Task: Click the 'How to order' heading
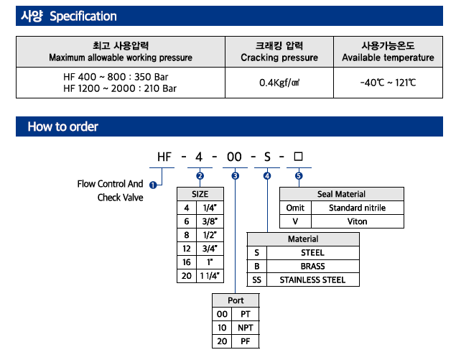click(x=63, y=127)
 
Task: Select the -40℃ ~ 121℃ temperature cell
click(x=388, y=83)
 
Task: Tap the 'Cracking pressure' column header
click(x=279, y=51)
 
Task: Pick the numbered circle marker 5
click(x=299, y=176)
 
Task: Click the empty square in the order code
click(x=299, y=156)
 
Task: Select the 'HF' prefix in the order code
click(x=164, y=156)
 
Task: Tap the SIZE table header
click(x=200, y=194)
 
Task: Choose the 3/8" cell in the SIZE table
click(x=210, y=221)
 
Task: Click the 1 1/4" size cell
click(x=210, y=276)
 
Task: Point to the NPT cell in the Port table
click(x=246, y=328)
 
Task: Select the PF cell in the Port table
click(x=246, y=341)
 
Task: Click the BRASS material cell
click(x=312, y=267)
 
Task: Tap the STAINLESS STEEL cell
click(x=312, y=280)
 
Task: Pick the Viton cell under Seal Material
click(x=357, y=221)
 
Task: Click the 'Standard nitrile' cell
click(x=357, y=208)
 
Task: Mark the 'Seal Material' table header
click(x=341, y=194)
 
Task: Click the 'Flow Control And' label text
click(x=110, y=184)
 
